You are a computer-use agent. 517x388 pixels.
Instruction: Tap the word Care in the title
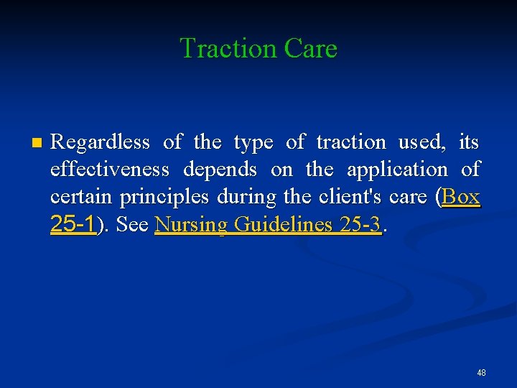[x=310, y=49]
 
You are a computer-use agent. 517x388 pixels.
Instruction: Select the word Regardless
[x=101, y=142]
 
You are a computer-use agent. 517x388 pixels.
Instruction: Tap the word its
[x=468, y=142]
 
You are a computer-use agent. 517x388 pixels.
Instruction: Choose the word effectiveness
[x=110, y=170]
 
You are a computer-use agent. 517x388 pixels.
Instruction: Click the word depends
[x=220, y=170]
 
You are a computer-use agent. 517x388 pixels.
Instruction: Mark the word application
[x=397, y=170]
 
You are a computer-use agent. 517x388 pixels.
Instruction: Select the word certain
[x=83, y=197]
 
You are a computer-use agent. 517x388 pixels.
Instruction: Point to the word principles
[x=166, y=197]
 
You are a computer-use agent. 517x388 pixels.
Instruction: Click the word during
[x=243, y=197]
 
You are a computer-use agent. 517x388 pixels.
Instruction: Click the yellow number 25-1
[x=73, y=224]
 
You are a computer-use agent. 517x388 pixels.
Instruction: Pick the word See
[x=132, y=224]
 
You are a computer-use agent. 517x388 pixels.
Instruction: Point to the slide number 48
[x=481, y=373]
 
